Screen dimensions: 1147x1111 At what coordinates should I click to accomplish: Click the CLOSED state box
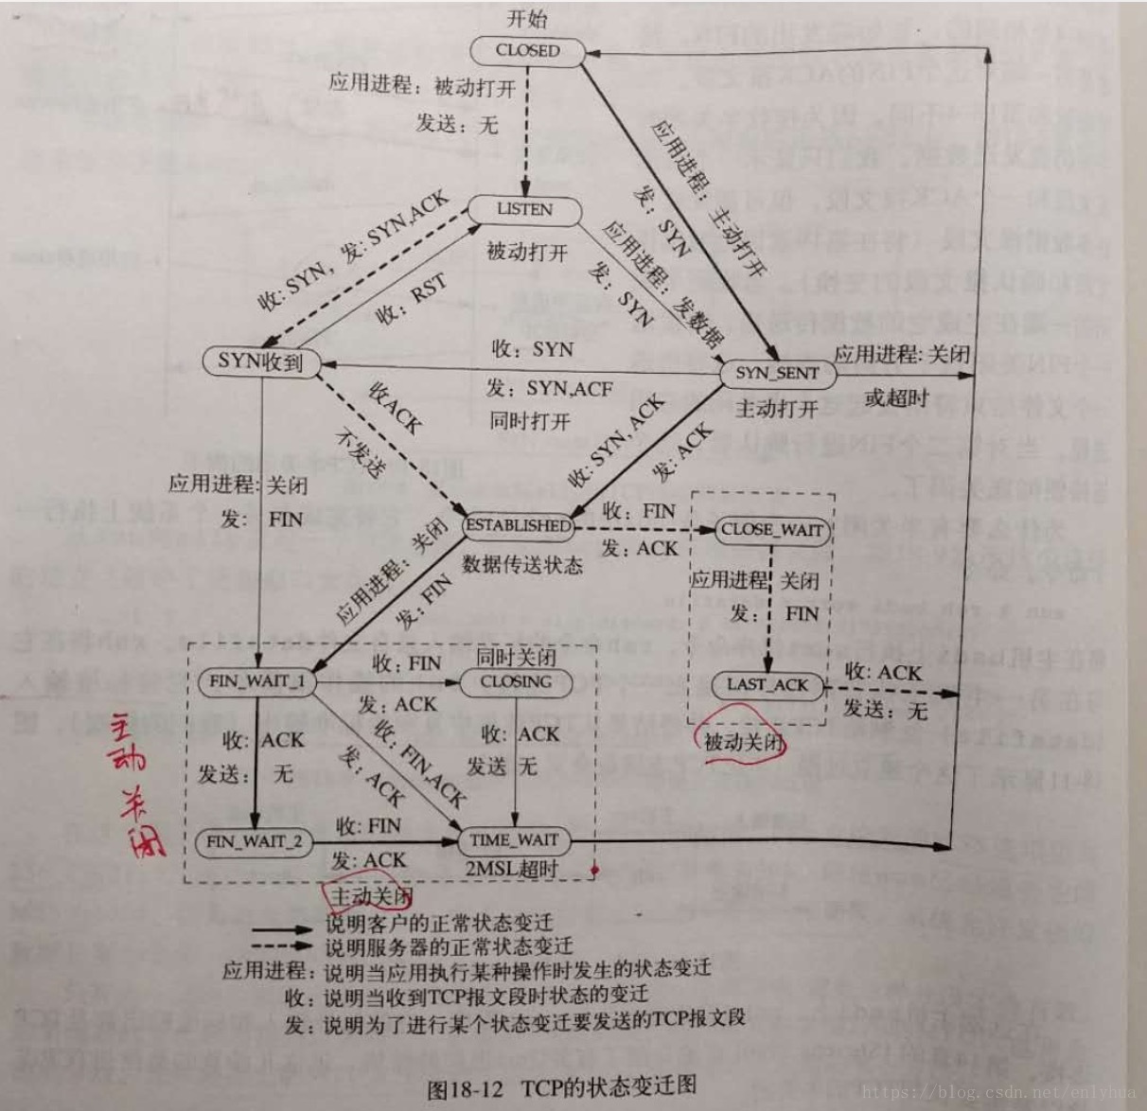click(528, 51)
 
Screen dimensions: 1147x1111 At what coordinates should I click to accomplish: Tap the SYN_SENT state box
click(777, 373)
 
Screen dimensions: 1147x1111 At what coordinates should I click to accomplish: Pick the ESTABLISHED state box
click(519, 525)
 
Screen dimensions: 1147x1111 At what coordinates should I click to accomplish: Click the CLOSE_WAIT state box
click(771, 530)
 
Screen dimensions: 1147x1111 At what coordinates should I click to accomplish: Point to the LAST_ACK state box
click(768, 685)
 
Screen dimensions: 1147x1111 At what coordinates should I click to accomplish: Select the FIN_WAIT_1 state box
click(256, 681)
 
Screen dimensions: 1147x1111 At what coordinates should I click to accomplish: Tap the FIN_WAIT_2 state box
click(255, 841)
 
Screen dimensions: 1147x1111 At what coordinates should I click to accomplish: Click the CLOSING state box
click(516, 681)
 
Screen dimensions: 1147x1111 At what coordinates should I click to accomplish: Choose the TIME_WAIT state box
click(514, 839)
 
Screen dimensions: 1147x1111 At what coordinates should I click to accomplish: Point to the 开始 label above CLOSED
click(527, 19)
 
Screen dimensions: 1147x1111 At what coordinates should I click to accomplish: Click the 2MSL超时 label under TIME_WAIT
click(511, 868)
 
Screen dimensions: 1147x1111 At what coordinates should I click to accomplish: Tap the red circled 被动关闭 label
click(744, 741)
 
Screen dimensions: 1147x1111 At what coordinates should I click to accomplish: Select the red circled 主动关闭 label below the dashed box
click(370, 894)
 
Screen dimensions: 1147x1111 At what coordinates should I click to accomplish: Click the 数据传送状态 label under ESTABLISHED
click(522, 565)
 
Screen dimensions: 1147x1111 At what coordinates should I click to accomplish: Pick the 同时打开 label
click(530, 420)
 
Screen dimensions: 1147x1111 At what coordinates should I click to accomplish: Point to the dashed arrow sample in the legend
click(281, 945)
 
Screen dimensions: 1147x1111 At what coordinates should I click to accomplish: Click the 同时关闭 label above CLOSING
click(516, 657)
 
